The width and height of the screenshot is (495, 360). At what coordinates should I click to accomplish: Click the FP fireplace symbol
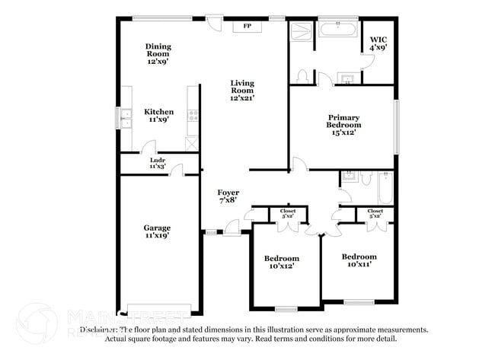pyautogui.click(x=247, y=27)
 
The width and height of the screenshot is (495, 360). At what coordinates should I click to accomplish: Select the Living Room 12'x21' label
pyautogui.click(x=244, y=90)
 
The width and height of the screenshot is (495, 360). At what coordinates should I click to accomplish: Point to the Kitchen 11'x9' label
pyautogui.click(x=159, y=116)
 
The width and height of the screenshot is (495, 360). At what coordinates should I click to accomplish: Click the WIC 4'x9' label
pyautogui.click(x=378, y=43)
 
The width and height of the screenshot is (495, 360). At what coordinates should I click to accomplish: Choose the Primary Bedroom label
pyautogui.click(x=343, y=125)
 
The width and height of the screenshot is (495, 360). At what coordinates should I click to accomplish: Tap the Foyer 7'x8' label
pyautogui.click(x=228, y=196)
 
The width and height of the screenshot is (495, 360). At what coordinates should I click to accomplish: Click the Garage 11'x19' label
pyautogui.click(x=158, y=231)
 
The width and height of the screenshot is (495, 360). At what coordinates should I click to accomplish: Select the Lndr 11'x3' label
pyautogui.click(x=158, y=163)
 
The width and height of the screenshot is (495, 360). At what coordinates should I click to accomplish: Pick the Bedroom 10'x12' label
pyautogui.click(x=283, y=262)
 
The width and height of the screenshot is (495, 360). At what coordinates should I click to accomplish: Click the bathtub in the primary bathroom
pyautogui.click(x=338, y=30)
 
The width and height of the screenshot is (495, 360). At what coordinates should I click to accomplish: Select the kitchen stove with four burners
pyautogui.click(x=193, y=116)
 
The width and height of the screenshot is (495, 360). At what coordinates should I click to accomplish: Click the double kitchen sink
pyautogui.click(x=123, y=118)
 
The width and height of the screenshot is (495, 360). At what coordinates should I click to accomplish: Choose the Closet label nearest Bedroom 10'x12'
pyautogui.click(x=288, y=213)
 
